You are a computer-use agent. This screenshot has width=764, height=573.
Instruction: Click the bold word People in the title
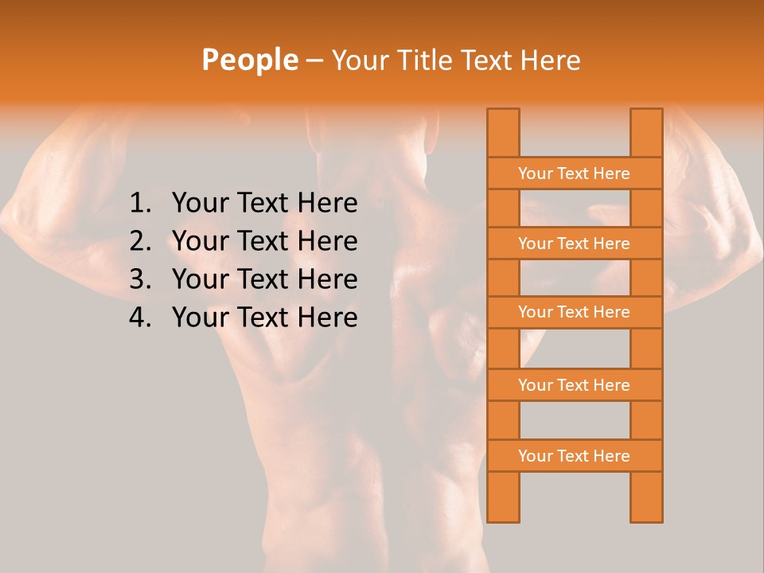pos(249,60)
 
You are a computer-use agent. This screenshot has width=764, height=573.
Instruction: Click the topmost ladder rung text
pos(574,173)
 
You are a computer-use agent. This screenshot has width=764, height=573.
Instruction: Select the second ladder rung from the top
pos(574,244)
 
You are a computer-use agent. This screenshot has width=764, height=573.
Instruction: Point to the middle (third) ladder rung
pos(574,312)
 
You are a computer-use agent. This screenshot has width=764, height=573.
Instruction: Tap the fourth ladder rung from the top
pos(574,385)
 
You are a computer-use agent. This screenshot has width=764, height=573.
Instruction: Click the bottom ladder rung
pos(574,456)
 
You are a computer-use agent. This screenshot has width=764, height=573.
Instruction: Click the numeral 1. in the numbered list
pos(140,204)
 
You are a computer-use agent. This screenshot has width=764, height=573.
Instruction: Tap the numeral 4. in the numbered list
pos(140,318)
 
